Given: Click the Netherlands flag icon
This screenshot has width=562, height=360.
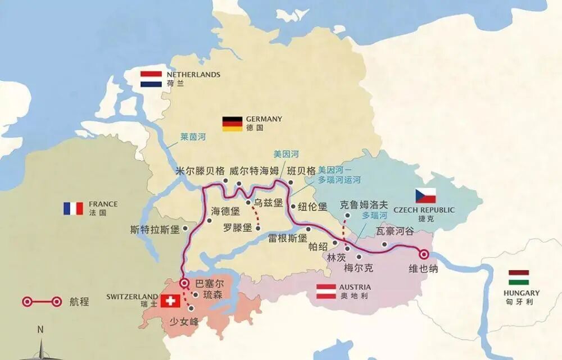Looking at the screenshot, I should (151, 79).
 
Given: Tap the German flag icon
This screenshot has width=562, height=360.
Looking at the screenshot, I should (232, 123).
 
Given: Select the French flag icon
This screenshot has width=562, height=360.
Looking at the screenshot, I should (73, 208).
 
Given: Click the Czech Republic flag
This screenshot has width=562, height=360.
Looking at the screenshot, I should (425, 195).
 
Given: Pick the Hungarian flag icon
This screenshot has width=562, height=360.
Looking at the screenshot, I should (518, 277).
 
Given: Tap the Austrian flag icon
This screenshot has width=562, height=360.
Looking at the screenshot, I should (327, 291).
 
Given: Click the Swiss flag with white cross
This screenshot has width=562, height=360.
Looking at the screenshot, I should (170, 300).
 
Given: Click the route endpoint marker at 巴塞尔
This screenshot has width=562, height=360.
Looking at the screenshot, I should (184, 283).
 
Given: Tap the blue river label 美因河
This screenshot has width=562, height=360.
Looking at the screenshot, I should (285, 154).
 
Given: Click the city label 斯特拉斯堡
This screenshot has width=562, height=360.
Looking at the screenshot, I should (155, 230).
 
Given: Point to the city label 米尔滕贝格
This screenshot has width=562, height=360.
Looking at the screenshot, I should (200, 171).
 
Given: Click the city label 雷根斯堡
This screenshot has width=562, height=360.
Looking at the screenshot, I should (288, 238).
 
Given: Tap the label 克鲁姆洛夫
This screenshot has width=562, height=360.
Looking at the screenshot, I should (364, 205).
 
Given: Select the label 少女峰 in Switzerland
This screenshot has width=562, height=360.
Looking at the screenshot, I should (184, 321).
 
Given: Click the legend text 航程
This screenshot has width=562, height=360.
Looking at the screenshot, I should (80, 302).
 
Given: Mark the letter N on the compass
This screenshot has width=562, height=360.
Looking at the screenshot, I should (40, 330).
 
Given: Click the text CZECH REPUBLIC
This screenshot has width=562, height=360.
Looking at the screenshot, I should (424, 210).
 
